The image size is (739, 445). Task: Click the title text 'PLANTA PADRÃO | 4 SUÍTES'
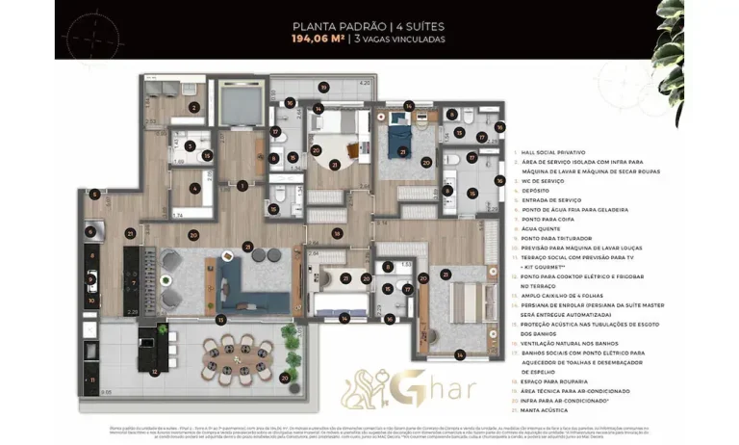[369, 28]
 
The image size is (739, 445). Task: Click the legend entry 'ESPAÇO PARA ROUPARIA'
[556, 381]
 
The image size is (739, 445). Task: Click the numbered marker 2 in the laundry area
[194, 108]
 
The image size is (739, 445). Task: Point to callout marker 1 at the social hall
[243, 185]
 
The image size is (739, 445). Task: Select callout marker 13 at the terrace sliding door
[220, 319]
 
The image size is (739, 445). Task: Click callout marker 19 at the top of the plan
[317, 91]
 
